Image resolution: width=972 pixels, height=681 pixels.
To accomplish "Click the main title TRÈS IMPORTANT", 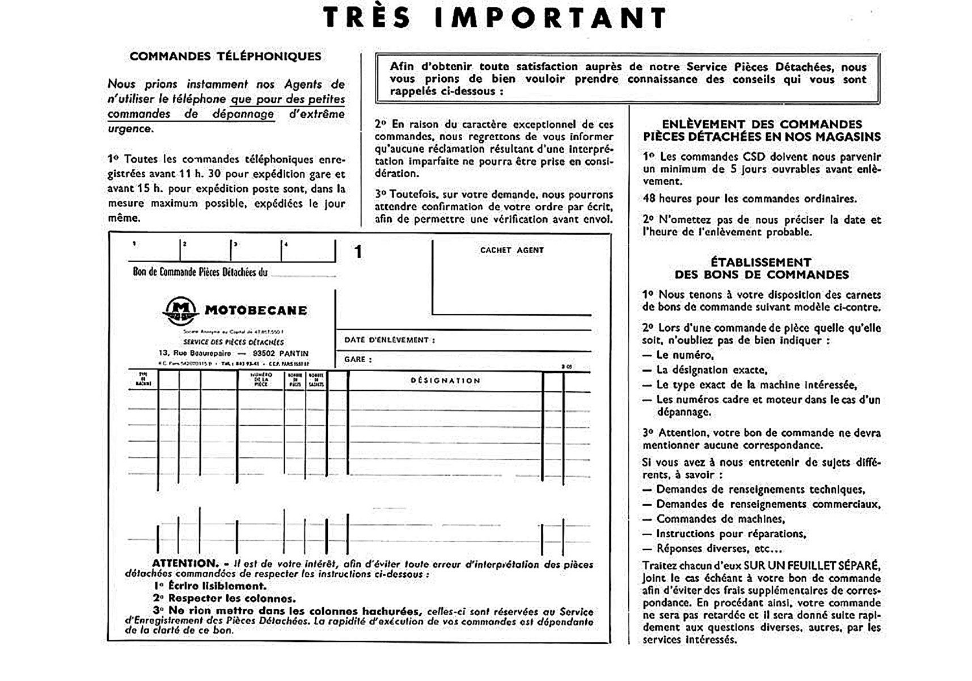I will coord(495,18).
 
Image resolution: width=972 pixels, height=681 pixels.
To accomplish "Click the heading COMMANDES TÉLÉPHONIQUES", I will coord(225,56).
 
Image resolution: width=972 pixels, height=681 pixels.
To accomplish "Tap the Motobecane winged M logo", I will coord(180,310).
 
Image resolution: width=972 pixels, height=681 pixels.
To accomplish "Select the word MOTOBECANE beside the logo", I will coord(256,310).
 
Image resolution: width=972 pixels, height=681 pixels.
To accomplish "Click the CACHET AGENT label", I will coord(512,250).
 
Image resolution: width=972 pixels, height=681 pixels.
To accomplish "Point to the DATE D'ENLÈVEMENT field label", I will coord(389,340).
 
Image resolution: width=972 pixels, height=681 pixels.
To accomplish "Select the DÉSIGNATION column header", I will coord(445,380).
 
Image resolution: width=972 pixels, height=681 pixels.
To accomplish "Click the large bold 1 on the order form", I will coord(358,252).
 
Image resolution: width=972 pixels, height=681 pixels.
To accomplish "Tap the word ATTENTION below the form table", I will coord(185,564).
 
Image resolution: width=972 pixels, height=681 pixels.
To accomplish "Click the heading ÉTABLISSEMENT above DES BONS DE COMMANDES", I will coord(760,262).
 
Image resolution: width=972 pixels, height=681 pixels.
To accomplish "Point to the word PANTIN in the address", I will coord(294,353).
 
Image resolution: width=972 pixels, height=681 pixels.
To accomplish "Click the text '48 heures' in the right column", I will coord(667,199).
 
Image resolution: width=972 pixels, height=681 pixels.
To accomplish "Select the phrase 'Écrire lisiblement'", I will coord(217,586).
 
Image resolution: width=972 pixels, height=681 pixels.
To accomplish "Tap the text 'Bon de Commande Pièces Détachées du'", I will coord(200,272).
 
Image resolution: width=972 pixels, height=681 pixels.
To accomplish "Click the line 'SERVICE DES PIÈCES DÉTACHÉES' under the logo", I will coord(233,342).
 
